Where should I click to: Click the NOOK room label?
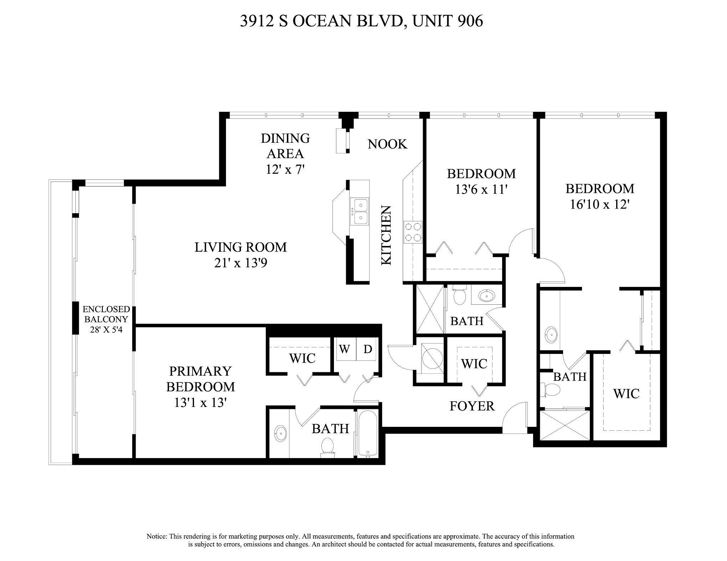tap(387, 144)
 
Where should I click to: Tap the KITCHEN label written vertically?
tap(387, 235)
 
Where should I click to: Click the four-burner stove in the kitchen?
tap(413, 232)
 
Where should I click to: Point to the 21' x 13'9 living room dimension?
tap(241, 263)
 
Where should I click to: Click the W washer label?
tap(344, 349)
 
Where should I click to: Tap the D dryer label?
tap(367, 349)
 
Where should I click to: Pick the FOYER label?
tap(472, 406)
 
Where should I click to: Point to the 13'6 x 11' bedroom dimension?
tap(481, 189)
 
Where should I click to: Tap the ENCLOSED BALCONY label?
tap(106, 314)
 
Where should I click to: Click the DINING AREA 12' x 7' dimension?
tap(285, 169)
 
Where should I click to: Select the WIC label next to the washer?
tap(302, 358)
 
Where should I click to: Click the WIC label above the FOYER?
tap(474, 364)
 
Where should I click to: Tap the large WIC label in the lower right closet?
tap(626, 394)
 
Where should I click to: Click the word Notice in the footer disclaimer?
tap(156, 536)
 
